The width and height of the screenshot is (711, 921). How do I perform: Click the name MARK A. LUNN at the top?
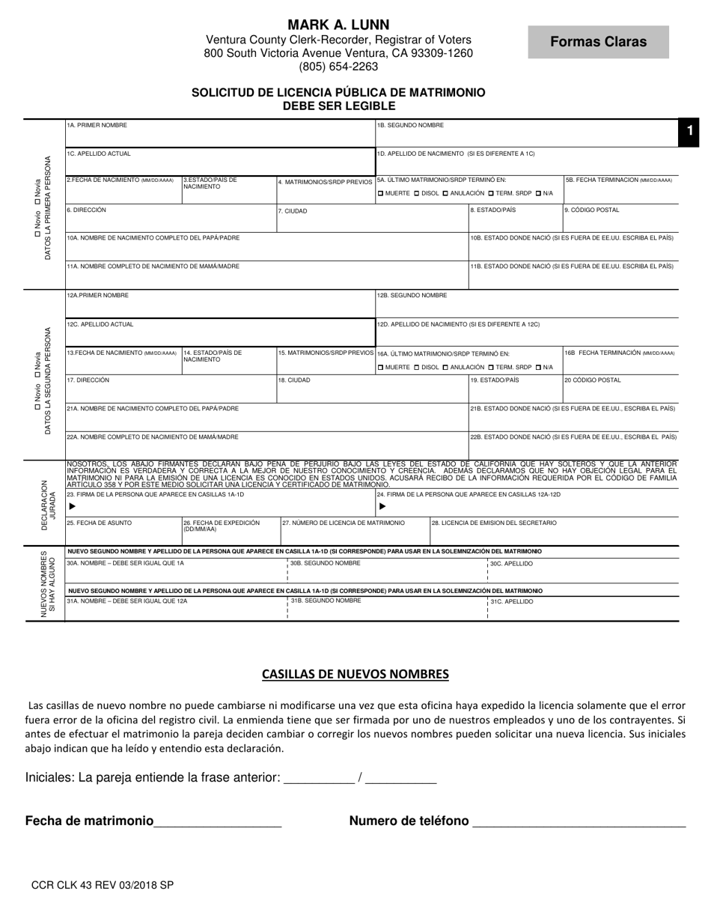coord(338,25)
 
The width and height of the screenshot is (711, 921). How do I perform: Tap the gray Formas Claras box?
coord(598,42)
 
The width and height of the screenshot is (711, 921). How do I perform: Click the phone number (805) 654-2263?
coord(338,67)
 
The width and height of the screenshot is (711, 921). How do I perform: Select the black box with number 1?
coord(689,131)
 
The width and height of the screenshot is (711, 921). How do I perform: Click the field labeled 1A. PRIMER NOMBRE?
coord(219,133)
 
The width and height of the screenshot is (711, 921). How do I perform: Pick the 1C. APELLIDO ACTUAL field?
coord(219,161)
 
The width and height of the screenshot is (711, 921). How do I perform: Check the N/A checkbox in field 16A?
coord(538,367)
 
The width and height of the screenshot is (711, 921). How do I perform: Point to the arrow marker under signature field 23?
coord(72,506)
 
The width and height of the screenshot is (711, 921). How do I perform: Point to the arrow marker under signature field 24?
coord(382,506)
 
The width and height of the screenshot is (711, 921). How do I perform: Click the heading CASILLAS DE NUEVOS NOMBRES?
coord(355,674)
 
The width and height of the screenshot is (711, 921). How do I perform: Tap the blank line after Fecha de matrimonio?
coord(217,822)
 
